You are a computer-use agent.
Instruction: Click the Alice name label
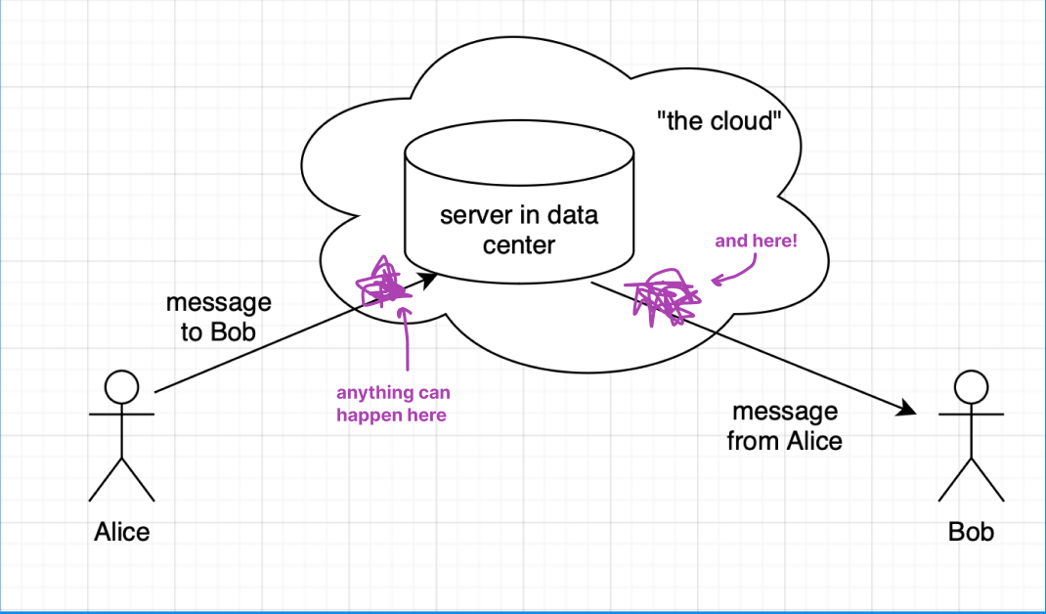tap(122, 532)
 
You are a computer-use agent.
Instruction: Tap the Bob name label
tap(971, 532)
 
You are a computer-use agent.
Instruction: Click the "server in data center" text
tap(518, 229)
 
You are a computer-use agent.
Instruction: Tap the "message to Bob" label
tap(219, 318)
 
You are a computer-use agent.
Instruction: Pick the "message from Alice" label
tap(785, 426)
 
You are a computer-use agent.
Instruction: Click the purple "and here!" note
tap(756, 240)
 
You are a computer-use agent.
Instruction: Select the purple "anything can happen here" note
tap(393, 404)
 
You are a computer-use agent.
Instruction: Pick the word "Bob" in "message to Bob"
tap(235, 332)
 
